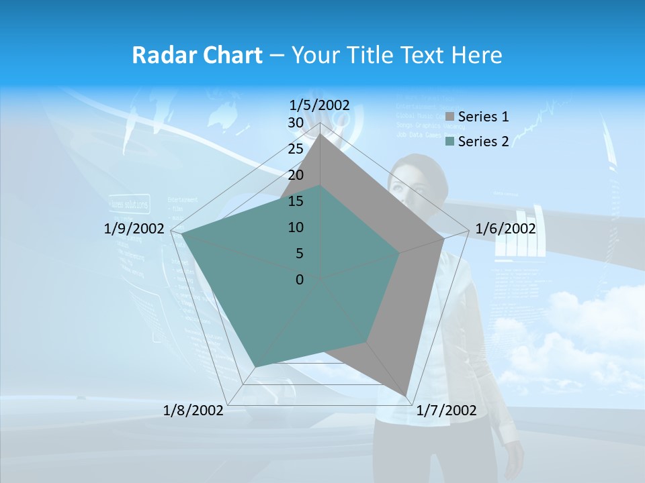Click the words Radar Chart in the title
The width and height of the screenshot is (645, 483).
coord(197,56)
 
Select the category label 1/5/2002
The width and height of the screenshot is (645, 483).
coord(319,105)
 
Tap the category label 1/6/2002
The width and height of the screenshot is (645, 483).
coord(505,229)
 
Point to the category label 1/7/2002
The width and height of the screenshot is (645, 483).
coord(446,411)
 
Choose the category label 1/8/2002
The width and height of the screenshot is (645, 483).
coord(193,411)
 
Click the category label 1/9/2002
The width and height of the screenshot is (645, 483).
coord(134,229)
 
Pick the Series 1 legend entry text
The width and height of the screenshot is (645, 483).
coord(483,117)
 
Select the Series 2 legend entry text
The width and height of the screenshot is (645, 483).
coord(483,141)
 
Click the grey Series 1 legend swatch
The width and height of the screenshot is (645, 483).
coord(449,117)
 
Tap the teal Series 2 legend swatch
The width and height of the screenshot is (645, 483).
coord(449,142)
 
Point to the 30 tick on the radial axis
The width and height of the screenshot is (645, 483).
coord(295,123)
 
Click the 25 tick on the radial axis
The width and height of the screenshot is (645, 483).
coord(295,149)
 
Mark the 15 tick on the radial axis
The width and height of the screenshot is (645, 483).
coord(295,201)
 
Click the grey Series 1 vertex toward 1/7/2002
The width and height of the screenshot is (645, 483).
coord(406,395)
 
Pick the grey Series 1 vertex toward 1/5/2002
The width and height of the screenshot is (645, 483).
coord(320,134)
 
